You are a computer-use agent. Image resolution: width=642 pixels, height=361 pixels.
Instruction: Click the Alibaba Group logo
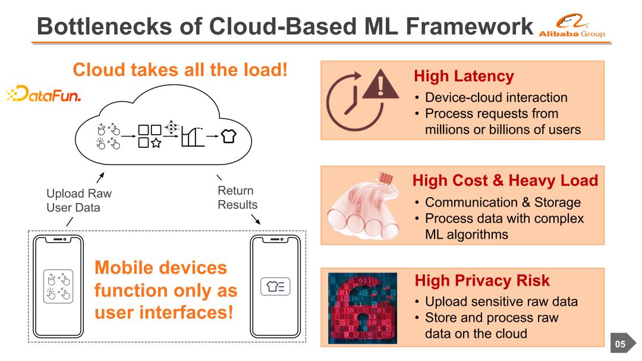(571, 27)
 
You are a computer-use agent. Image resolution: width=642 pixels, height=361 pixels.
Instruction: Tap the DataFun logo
(43, 95)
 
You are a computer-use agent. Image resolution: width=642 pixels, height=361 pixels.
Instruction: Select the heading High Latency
(463, 77)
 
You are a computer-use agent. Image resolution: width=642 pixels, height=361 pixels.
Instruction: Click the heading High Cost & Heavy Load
(505, 180)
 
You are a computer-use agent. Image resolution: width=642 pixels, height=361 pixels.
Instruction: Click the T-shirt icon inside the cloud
(228, 136)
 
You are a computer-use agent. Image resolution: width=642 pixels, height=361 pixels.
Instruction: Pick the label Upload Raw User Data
(78, 200)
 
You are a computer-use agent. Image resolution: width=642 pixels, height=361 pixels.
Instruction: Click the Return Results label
(237, 197)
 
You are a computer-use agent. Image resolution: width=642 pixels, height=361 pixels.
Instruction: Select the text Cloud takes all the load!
(180, 70)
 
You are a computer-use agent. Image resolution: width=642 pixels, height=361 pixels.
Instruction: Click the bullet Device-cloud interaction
(496, 97)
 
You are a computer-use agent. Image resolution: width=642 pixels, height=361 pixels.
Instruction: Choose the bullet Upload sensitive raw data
(501, 302)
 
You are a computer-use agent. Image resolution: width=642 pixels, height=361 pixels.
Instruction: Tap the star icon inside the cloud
(156, 142)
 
